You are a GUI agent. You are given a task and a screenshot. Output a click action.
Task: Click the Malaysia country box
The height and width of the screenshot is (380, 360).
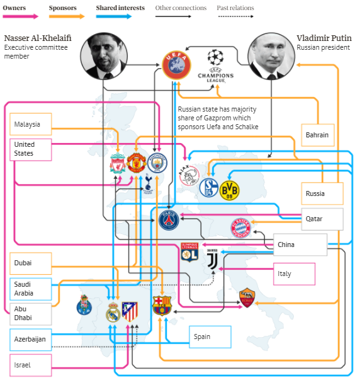pyautogui.click(x=31, y=124)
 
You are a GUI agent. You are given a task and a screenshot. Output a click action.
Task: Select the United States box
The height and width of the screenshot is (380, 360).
pyautogui.click(x=31, y=149)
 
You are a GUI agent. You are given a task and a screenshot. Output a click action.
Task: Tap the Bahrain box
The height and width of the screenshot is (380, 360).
pyautogui.click(x=318, y=135)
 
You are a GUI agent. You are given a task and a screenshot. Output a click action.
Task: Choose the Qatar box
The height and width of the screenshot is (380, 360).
pyautogui.click(x=322, y=219)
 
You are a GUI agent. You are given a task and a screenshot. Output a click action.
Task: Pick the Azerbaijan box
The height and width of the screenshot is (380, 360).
pyautogui.click(x=31, y=340)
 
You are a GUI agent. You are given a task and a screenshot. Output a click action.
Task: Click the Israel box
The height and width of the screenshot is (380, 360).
pyautogui.click(x=31, y=365)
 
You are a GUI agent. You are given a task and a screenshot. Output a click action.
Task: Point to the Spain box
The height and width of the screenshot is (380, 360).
pyautogui.click(x=210, y=337)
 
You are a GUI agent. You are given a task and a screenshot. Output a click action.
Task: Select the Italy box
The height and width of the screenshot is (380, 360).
pyautogui.click(x=294, y=274)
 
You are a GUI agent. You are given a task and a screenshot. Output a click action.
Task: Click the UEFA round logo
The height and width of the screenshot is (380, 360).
pyautogui.click(x=176, y=65)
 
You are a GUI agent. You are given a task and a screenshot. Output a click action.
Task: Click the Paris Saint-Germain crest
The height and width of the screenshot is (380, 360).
pyautogui.click(x=169, y=221)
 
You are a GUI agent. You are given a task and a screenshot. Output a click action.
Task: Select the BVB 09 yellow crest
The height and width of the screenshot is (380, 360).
pyautogui.click(x=229, y=190)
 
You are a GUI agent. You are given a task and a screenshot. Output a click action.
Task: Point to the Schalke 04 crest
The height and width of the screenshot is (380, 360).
pyautogui.click(x=209, y=188)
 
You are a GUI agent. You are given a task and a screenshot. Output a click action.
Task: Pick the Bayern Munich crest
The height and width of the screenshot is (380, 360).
pyautogui.click(x=240, y=227)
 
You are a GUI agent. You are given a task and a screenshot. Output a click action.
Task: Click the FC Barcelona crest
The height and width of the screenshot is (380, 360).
pyautogui.click(x=162, y=306)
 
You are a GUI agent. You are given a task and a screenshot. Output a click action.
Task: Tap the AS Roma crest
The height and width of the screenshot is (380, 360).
pyautogui.click(x=247, y=297)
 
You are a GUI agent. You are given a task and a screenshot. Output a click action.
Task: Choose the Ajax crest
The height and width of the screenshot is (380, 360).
pyautogui.click(x=189, y=175)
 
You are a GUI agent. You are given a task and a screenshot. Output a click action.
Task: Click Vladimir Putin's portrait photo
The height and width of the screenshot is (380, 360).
pyautogui.click(x=271, y=56)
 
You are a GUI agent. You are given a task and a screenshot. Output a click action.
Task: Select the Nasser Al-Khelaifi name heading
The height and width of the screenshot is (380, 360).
pyautogui.click(x=38, y=38)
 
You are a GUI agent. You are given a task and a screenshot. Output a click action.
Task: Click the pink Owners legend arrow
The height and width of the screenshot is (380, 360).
pyautogui.click(x=20, y=16)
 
